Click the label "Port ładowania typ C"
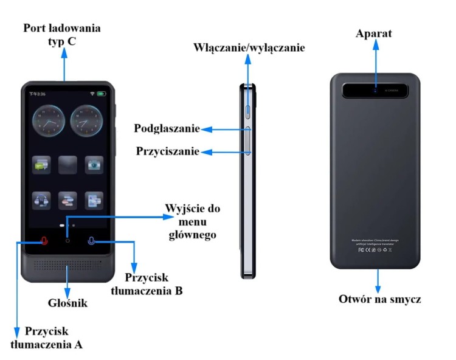pos(61,35)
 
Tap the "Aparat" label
pos(374,33)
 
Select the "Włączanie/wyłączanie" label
pos(249,47)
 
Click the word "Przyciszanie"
pos(168,151)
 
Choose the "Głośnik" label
pos(67,302)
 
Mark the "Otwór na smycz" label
pos(379,299)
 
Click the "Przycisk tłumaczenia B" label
pos(147,284)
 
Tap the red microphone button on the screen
pos(44,241)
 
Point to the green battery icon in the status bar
pos(100,94)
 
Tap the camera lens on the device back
pos(376,91)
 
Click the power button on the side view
pos(249,109)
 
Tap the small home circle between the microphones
pos(67,241)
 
